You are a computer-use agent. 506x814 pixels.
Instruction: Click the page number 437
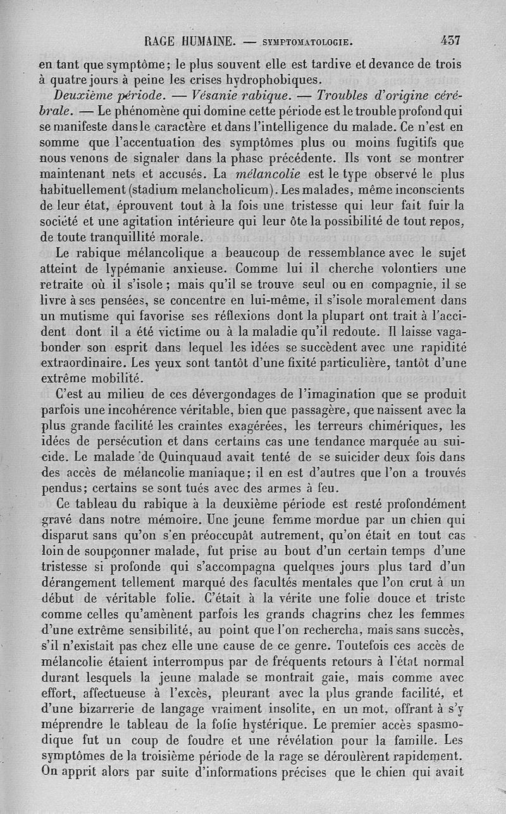pos(450,40)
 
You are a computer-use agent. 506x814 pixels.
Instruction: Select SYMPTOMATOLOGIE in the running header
pos(306,42)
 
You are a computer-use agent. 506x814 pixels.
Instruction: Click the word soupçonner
pos(108,551)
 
